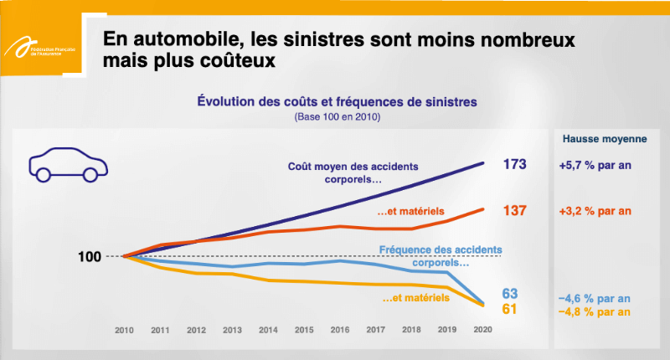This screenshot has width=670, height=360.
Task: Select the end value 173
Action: pyautogui.click(x=513, y=164)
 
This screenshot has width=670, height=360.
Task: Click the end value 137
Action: pyautogui.click(x=513, y=209)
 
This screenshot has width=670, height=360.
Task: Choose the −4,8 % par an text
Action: pyautogui.click(x=595, y=311)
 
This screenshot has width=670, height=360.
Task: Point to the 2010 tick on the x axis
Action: pyautogui.click(x=124, y=331)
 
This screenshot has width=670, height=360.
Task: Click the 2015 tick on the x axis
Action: pyautogui.click(x=303, y=331)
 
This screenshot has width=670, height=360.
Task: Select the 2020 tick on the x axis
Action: pyautogui.click(x=483, y=331)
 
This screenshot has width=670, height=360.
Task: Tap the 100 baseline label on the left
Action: pyautogui.click(x=90, y=257)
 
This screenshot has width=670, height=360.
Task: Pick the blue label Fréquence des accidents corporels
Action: pyautogui.click(x=441, y=255)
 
